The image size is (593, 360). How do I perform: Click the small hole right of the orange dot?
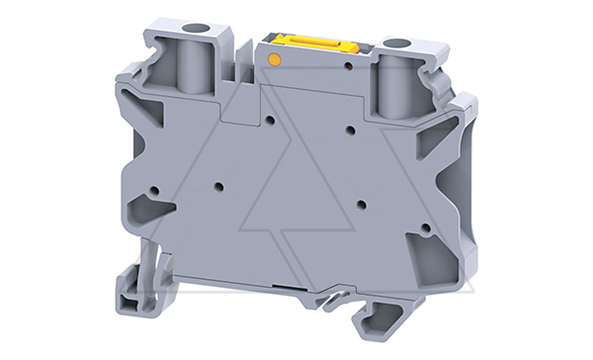click(x=348, y=67)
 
